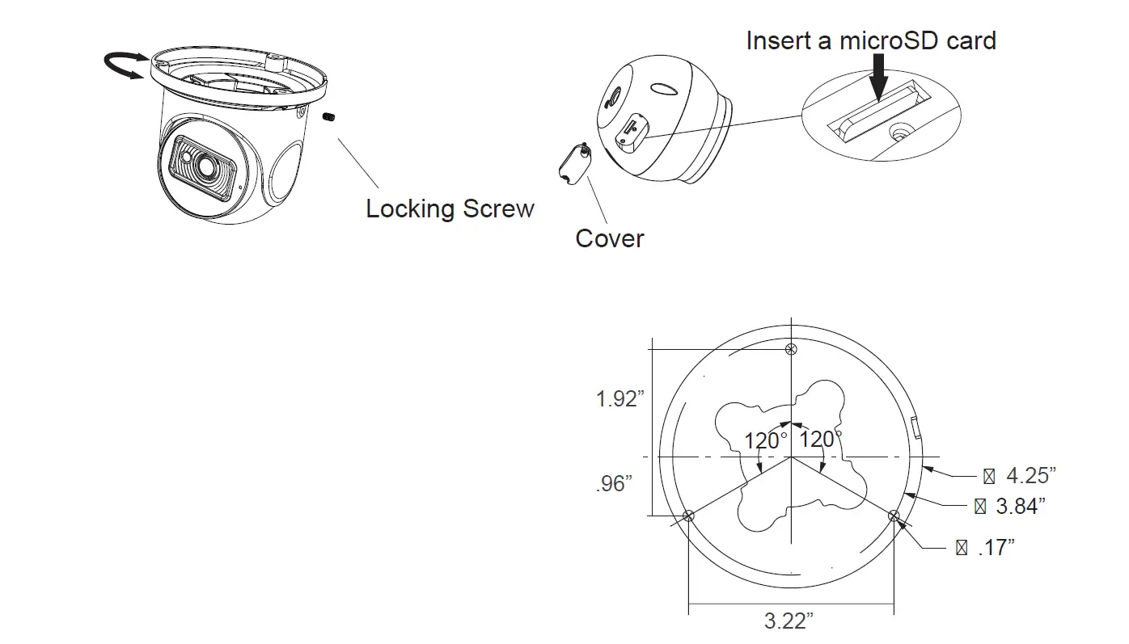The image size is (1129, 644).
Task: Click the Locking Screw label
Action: [450, 208]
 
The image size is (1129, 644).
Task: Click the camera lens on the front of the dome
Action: [202, 167]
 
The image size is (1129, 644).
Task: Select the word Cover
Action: [609, 238]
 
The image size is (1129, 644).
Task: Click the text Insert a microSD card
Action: [870, 40]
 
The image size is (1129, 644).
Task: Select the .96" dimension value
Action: [613, 483]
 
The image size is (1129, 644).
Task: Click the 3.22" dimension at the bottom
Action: [789, 621]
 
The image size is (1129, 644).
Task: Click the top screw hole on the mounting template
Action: [792, 349]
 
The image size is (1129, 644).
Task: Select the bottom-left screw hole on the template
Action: [688, 516]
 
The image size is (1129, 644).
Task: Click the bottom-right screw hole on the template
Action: [894, 516]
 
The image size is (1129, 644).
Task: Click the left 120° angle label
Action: [766, 441]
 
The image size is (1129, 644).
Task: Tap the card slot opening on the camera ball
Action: [628, 132]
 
